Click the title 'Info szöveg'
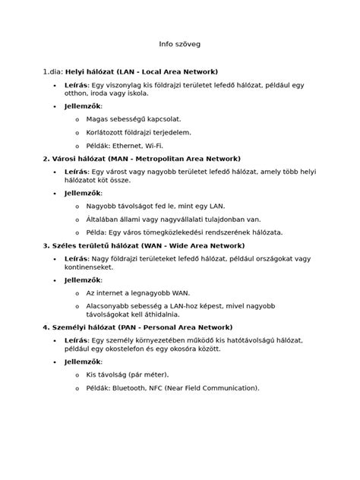coord(179,45)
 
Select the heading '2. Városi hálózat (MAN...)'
coord(141,159)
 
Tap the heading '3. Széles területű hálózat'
coord(144,246)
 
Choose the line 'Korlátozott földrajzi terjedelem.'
coord(138,132)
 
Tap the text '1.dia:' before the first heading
coord(54,71)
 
